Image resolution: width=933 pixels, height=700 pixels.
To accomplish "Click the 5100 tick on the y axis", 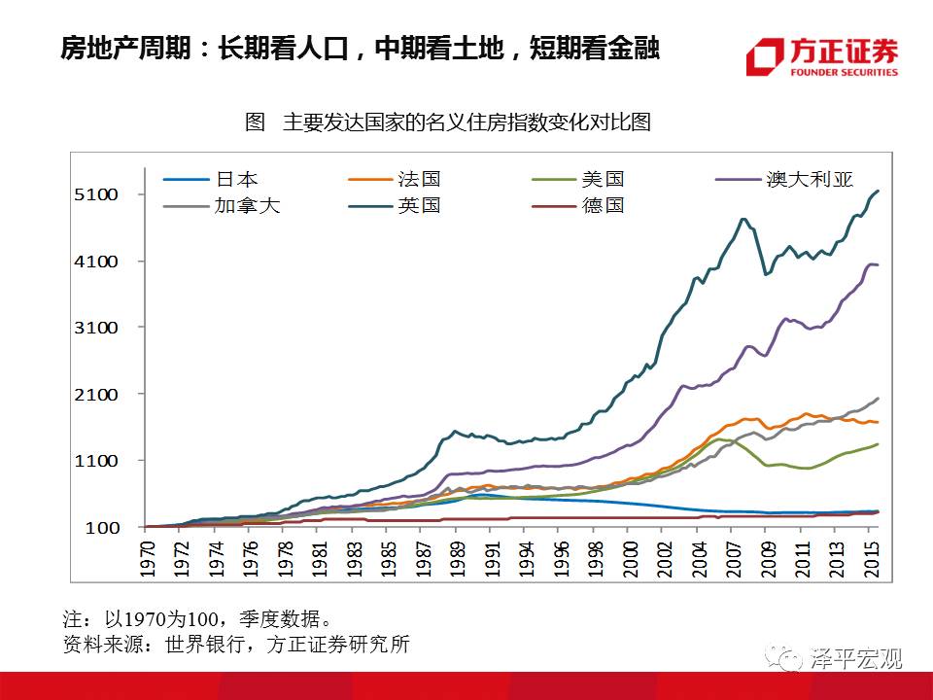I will click(x=98, y=194).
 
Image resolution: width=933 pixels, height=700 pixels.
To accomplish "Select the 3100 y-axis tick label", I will click(x=98, y=328).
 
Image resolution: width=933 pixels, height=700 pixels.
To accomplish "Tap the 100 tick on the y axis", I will click(x=103, y=527).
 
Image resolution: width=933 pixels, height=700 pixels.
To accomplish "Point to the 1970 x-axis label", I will click(x=148, y=558).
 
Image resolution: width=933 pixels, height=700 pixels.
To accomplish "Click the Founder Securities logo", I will click(x=822, y=57).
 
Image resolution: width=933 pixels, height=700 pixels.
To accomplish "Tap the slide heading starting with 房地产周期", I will click(x=361, y=48).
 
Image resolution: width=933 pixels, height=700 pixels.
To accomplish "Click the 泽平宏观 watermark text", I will click(x=855, y=659).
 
